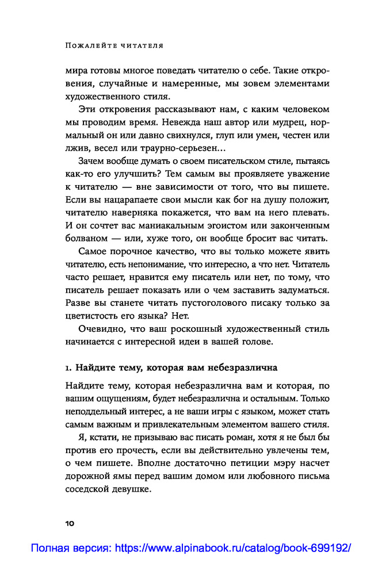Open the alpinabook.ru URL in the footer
click(233, 549)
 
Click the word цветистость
click(92, 316)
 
